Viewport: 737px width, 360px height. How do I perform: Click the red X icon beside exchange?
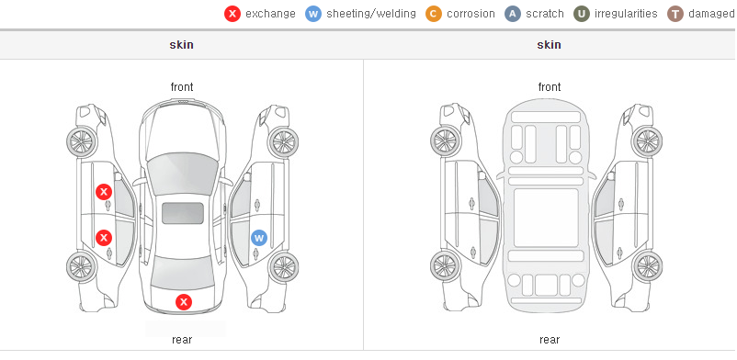click(232, 14)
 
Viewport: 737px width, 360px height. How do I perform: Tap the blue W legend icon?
click(313, 14)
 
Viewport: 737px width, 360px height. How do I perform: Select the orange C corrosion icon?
click(434, 14)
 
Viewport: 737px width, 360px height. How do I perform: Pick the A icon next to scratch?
click(513, 14)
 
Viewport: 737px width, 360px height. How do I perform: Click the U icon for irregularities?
click(582, 14)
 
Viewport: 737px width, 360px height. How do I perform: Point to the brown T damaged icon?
click(675, 14)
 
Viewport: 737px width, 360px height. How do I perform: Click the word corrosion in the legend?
click(471, 14)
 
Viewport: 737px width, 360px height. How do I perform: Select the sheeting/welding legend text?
click(371, 14)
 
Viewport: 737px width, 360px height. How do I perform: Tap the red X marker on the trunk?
click(184, 302)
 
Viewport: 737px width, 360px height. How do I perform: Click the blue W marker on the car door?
click(258, 238)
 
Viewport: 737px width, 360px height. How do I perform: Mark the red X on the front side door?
click(104, 192)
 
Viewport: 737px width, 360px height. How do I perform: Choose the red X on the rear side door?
click(104, 237)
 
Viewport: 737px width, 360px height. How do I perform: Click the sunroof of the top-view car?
click(183, 213)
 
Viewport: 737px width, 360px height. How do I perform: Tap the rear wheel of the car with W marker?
click(283, 268)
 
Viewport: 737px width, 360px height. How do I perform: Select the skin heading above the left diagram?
click(181, 45)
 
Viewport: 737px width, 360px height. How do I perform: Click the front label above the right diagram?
click(550, 87)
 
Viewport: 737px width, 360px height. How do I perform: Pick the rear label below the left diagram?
click(182, 340)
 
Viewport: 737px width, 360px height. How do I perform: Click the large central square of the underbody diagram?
click(546, 218)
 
